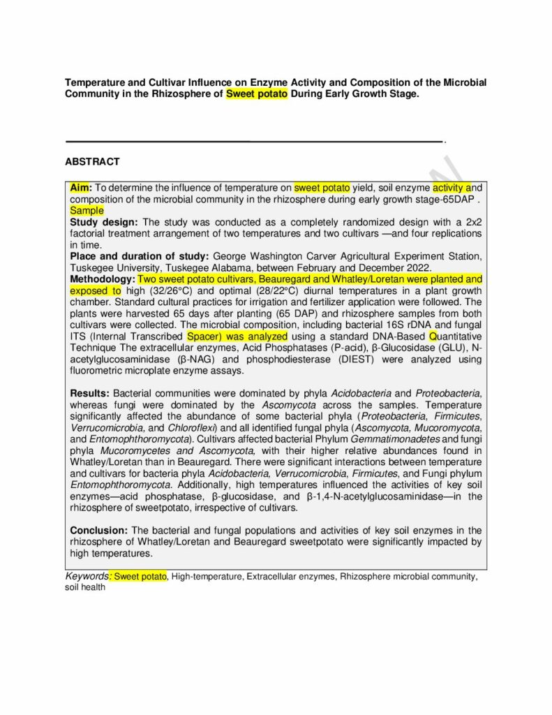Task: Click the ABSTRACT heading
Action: click(92, 161)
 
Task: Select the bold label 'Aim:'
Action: click(81, 188)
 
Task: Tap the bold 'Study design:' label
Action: click(99, 222)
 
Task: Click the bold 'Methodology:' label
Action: click(102, 279)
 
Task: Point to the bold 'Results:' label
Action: click(89, 394)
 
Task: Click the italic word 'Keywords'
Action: click(87, 576)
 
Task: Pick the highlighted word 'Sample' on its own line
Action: click(87, 210)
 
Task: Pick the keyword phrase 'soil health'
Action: click(85, 587)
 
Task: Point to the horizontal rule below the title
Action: click(254, 142)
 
